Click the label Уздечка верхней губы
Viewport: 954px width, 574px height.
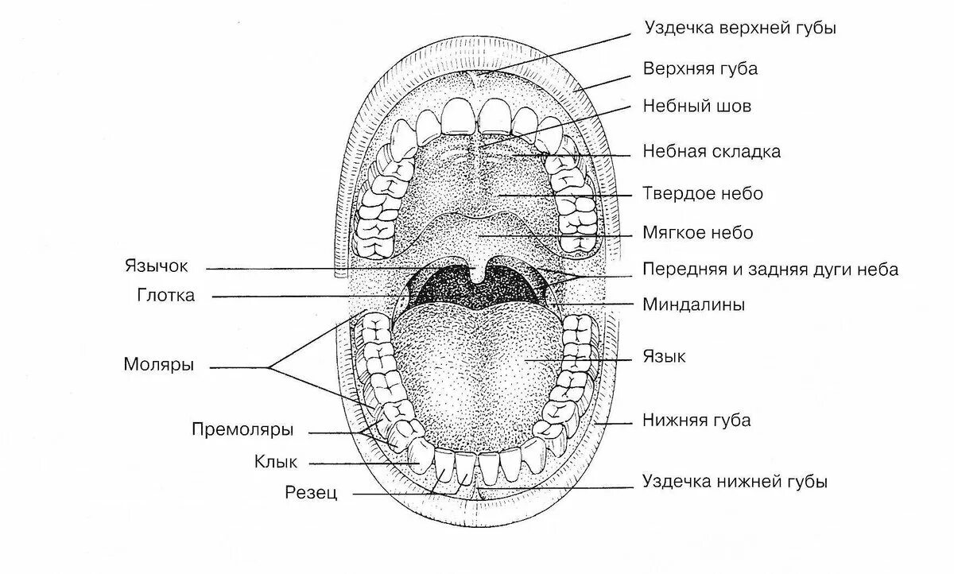739,29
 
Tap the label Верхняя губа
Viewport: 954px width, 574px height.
700,68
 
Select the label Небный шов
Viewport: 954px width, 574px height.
696,106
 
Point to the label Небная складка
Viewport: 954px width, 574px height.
711,151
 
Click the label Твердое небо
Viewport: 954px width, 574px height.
703,193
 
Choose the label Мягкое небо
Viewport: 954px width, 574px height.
697,234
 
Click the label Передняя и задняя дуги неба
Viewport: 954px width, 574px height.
770,270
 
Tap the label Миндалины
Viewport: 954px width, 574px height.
693,304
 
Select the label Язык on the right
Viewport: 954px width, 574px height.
664,357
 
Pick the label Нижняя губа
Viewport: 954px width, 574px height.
696,421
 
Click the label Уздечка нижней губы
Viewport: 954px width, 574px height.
735,482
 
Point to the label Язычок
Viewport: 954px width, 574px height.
156,266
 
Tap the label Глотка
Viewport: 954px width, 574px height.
165,296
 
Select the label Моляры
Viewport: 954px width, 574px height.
159,365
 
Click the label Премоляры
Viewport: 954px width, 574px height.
242,430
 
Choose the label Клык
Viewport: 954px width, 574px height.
276,461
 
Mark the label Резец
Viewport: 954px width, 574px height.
312,494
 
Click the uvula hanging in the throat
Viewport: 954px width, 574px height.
477,272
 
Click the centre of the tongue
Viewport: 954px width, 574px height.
477,366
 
